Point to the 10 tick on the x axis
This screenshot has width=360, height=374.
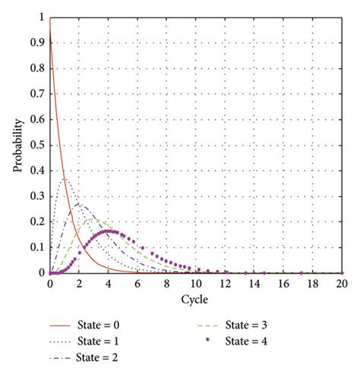click(x=195, y=283)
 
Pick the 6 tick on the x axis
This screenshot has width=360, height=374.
click(x=137, y=283)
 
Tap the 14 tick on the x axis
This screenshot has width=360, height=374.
click(x=254, y=283)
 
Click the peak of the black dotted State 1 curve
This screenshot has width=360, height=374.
click(x=64, y=179)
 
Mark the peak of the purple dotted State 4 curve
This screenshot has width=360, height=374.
click(x=109, y=231)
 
